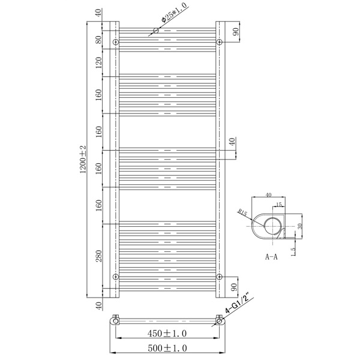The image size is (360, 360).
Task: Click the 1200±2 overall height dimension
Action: tap(83, 160)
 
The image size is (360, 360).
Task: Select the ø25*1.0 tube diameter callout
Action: tap(174, 13)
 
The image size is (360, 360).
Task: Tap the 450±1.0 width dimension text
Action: tap(167, 334)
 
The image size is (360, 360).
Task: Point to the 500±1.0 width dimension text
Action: tap(167, 348)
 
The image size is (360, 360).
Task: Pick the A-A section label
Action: tap(271, 257)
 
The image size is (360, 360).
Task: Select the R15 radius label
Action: tap(242, 212)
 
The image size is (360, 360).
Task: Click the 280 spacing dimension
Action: tap(99, 256)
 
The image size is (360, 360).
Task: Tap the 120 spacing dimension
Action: tap(99, 62)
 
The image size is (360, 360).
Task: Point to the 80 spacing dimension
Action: tap(99, 40)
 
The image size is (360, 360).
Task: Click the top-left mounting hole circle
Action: tap(116, 42)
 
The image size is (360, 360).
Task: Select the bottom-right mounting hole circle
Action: tap(219, 277)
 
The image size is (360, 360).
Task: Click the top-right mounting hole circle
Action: tap(219, 42)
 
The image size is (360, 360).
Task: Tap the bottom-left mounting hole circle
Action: tap(116, 277)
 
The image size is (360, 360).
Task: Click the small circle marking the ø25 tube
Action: tap(156, 31)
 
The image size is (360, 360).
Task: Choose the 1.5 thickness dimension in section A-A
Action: tap(293, 252)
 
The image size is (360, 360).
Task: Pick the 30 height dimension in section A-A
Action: tap(300, 226)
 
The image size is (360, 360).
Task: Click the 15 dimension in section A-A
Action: tap(279, 205)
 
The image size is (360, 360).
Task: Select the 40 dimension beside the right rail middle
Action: tap(232, 142)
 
